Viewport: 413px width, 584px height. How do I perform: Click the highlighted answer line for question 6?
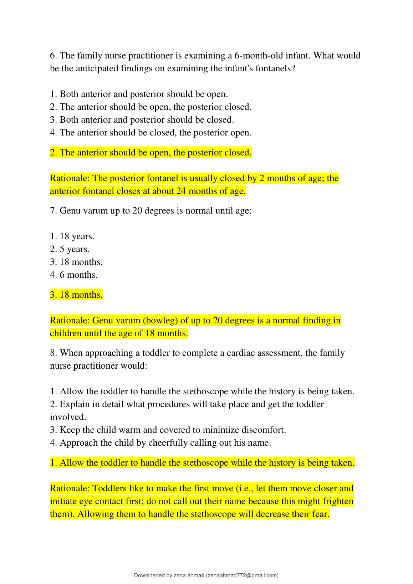(151, 153)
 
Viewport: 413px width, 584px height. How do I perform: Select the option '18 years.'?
(72, 236)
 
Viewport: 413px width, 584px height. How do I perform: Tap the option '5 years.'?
(70, 249)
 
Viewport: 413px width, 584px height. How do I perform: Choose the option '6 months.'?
(74, 275)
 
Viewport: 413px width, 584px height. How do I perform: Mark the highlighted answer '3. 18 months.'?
(76, 295)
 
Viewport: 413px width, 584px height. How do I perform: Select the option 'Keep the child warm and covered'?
(168, 430)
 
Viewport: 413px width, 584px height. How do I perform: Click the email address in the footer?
(242, 575)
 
